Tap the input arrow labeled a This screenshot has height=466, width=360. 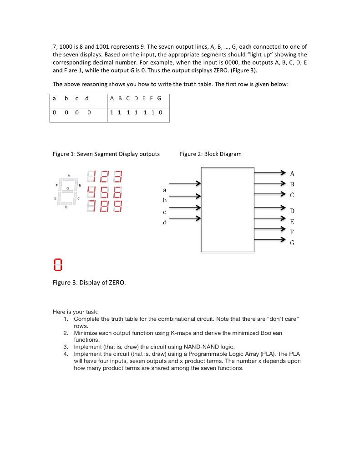pos(185,183)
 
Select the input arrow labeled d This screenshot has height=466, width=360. pos(185,219)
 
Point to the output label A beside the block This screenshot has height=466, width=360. pos(292,173)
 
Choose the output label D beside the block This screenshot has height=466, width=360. pos(292,211)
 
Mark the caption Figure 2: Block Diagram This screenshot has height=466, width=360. pos(211,154)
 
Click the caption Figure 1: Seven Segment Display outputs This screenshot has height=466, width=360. pos(106,154)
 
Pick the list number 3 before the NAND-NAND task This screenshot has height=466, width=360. pos(66,347)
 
